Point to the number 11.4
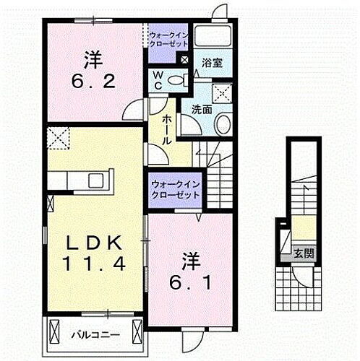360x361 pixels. [x=92, y=264]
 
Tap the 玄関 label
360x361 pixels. [x=304, y=252]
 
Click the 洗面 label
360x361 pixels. [x=201, y=109]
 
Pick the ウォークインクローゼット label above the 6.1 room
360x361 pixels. [x=176, y=190]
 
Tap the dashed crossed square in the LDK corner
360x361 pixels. [x=58, y=137]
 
